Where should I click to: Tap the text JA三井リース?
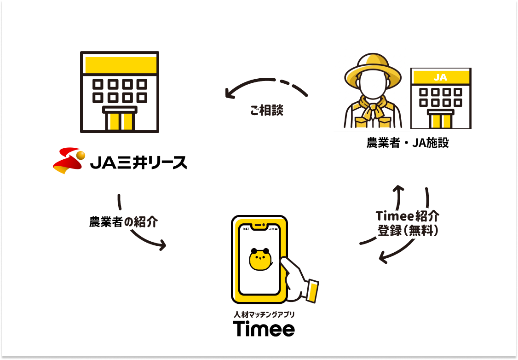point(138,163)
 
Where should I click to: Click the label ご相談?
point(266,110)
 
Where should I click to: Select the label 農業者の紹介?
point(123,222)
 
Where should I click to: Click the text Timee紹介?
point(408,216)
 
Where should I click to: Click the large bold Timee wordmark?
point(264,329)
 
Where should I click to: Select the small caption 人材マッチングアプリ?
point(264,315)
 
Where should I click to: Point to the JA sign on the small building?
point(440,77)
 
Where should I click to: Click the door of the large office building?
point(120,120)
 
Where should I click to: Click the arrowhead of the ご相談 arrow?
point(229,94)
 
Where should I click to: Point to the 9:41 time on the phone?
point(246,229)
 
